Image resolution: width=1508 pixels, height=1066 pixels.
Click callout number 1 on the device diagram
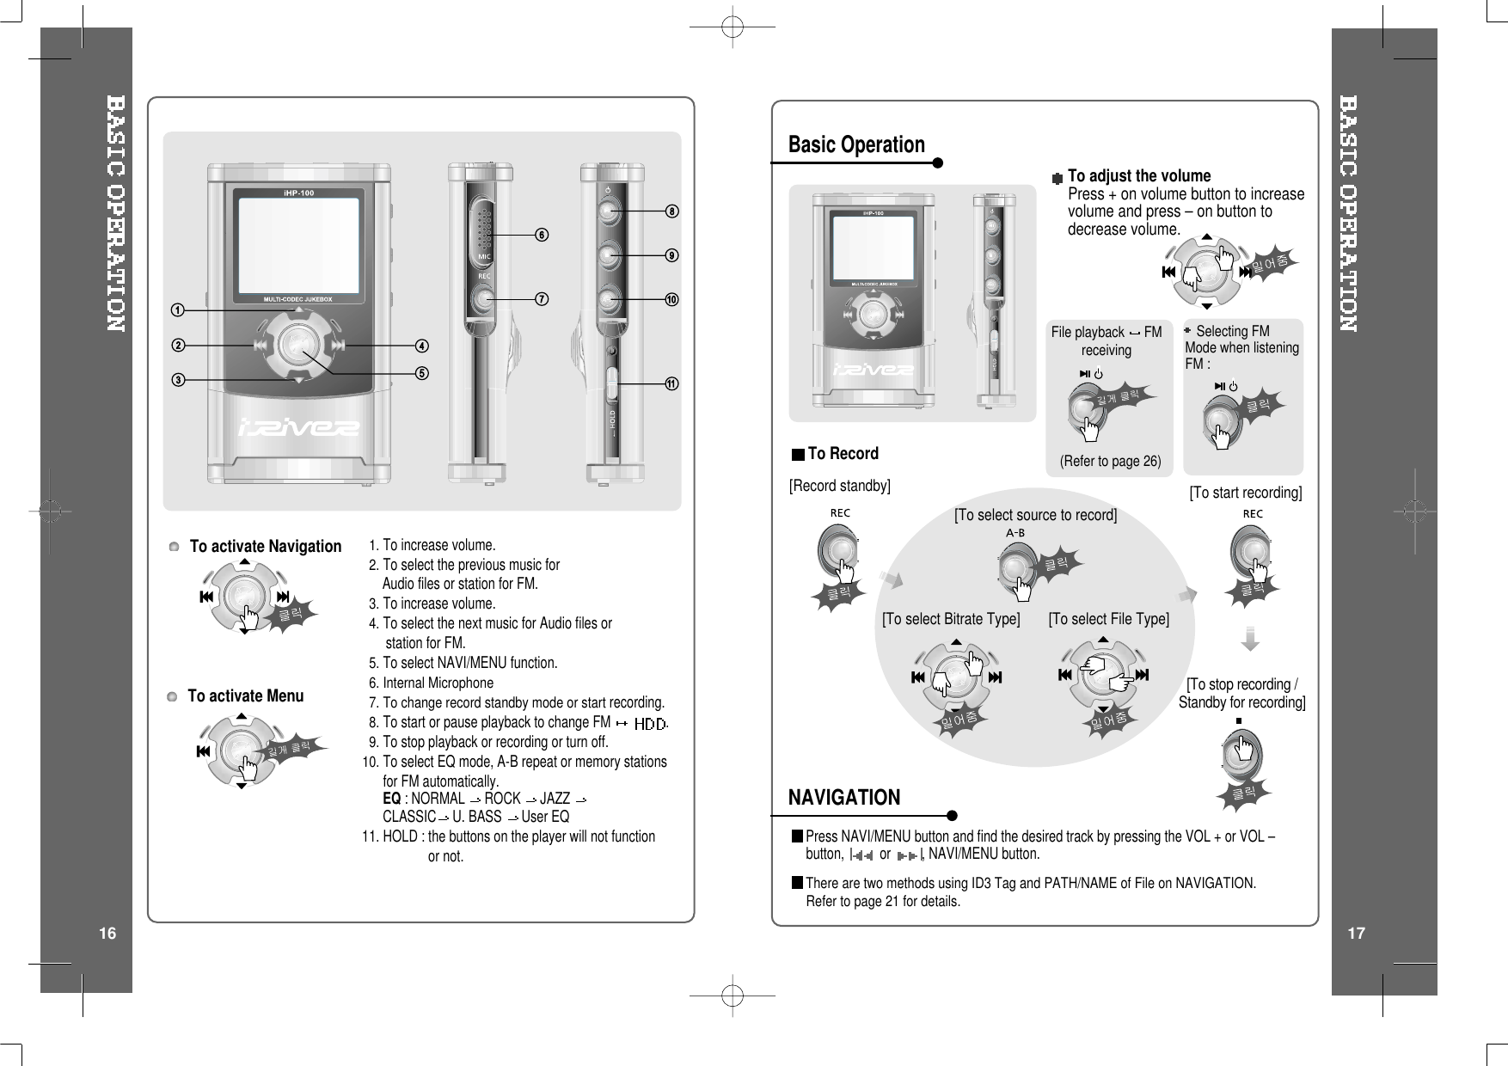click(176, 309)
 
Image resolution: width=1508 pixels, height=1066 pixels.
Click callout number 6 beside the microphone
click(543, 235)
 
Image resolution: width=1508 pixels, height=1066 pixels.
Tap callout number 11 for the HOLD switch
click(671, 383)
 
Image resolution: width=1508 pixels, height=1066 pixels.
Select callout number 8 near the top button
click(671, 211)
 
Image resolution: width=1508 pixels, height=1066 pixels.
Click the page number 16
click(107, 934)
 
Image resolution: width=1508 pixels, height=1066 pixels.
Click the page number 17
click(1356, 934)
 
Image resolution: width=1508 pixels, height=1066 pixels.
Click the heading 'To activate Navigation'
click(265, 547)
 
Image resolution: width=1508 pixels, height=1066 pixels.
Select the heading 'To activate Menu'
click(245, 696)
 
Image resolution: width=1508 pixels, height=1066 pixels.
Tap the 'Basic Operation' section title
click(856, 144)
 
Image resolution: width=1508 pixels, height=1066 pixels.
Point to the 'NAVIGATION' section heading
click(844, 798)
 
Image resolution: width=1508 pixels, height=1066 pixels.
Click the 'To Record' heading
click(843, 454)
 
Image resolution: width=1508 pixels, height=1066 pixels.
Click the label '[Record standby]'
click(840, 487)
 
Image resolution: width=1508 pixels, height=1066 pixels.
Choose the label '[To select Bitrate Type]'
click(951, 619)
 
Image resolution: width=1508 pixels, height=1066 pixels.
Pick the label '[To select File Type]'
click(1108, 619)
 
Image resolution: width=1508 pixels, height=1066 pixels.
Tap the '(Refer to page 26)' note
click(1110, 462)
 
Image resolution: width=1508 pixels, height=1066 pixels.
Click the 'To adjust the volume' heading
click(1138, 176)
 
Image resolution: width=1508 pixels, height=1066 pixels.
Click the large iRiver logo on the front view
click(298, 427)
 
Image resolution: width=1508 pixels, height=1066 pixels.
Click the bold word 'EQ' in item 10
click(391, 798)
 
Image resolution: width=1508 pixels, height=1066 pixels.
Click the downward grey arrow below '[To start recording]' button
click(1251, 640)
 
